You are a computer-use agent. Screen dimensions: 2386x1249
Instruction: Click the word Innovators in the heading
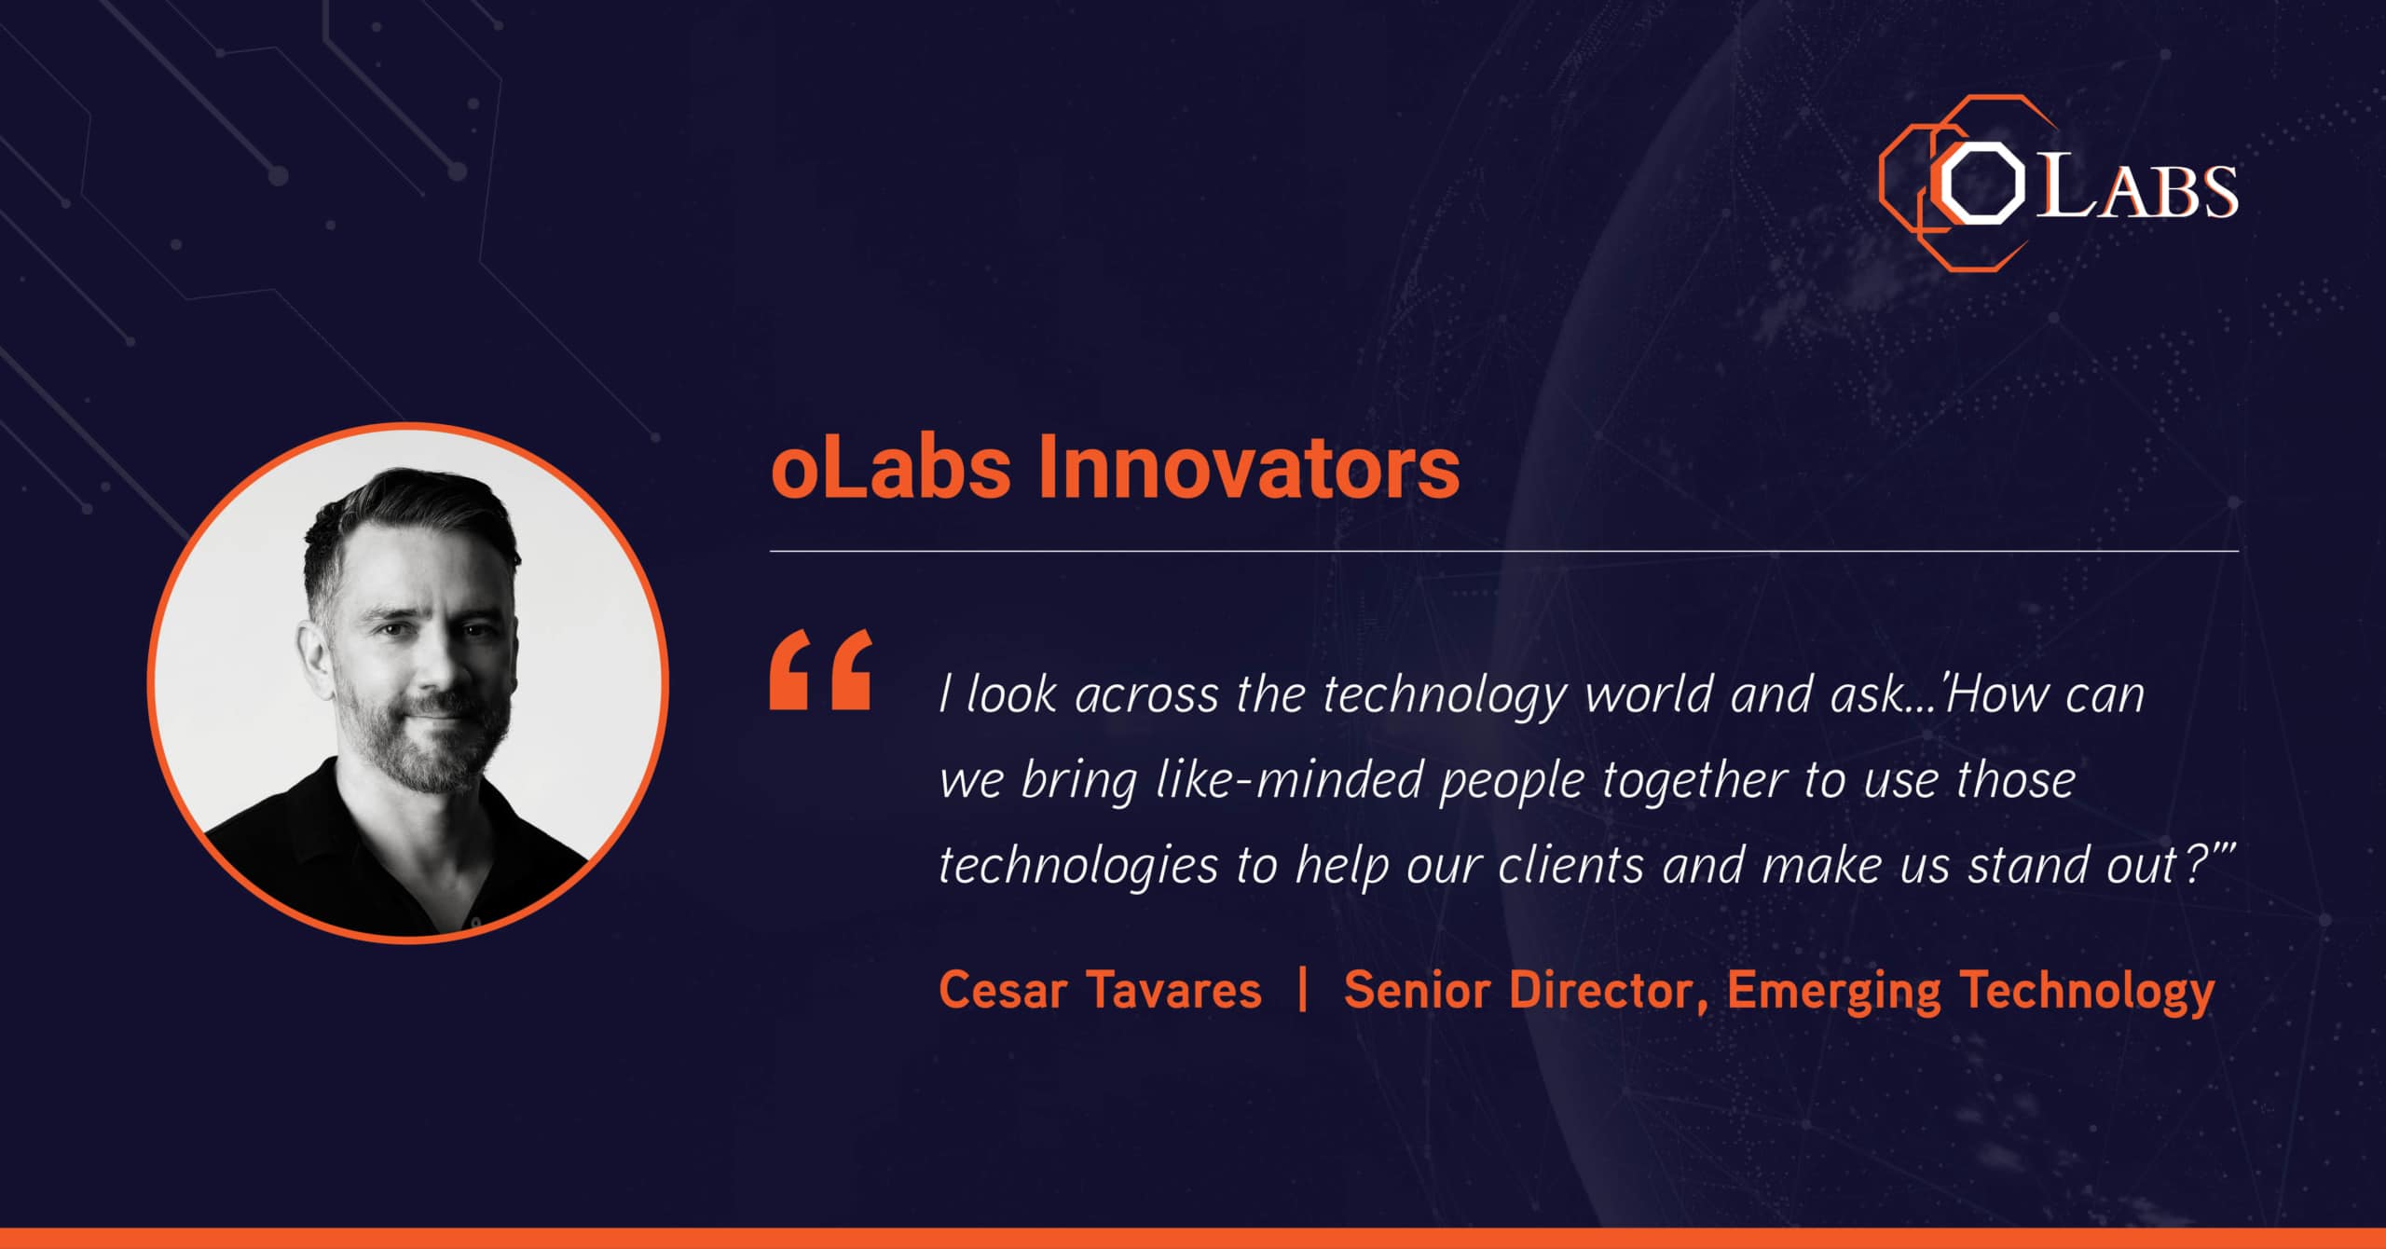[x=1249, y=467]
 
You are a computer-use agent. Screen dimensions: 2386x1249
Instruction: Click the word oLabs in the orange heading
[x=891, y=467]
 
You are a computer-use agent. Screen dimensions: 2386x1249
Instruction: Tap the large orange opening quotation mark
[x=821, y=669]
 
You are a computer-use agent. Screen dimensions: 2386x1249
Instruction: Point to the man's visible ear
[x=315, y=652]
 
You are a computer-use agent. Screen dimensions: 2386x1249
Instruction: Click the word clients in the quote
[x=1570, y=865]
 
